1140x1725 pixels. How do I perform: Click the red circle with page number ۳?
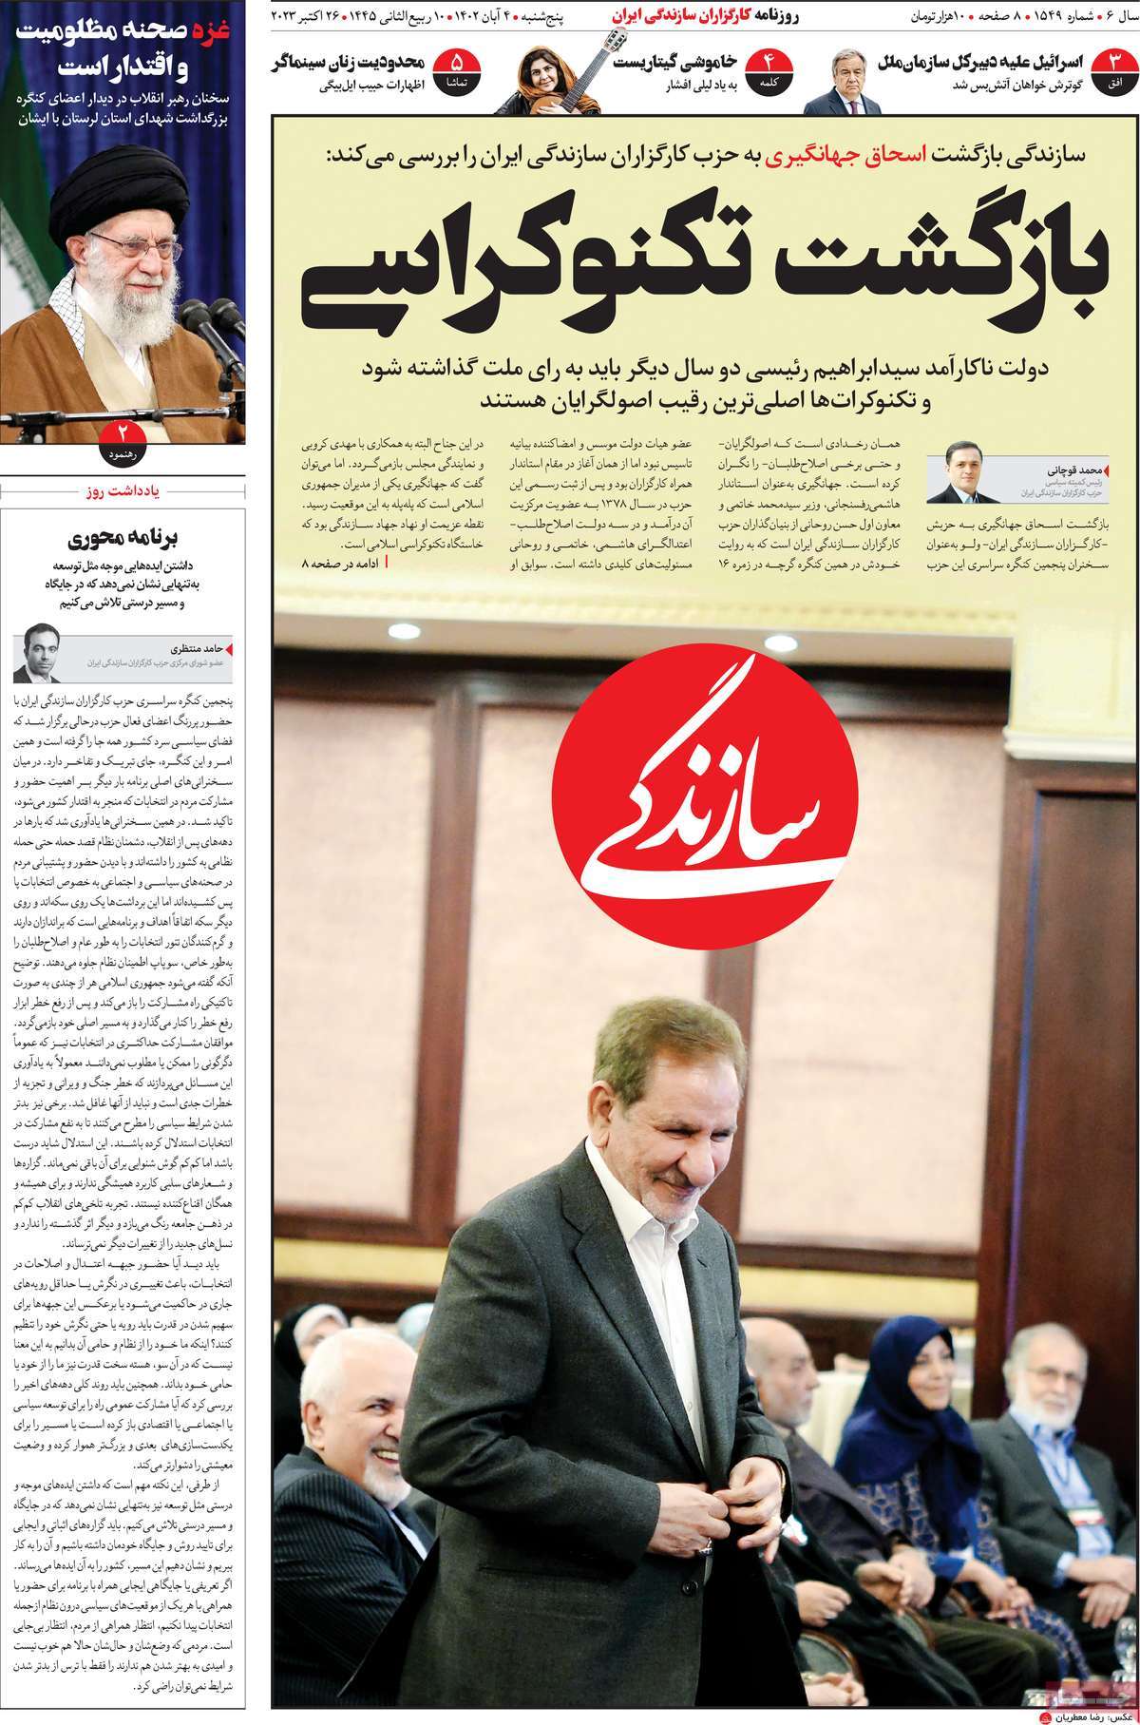[1116, 68]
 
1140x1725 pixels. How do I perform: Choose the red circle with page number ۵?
[455, 68]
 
